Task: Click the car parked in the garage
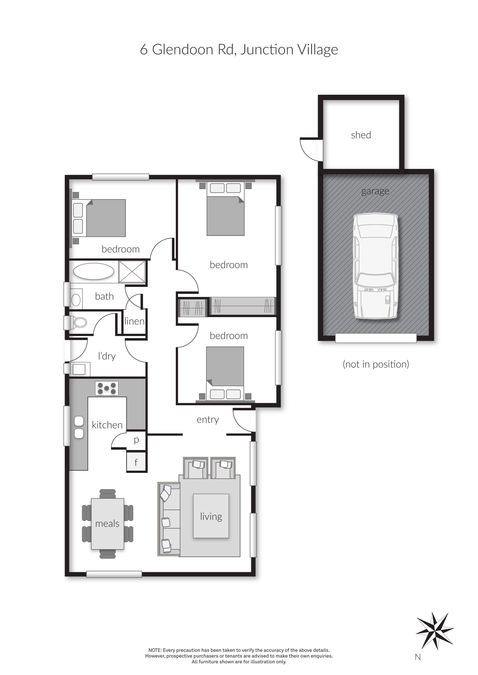[x=376, y=266]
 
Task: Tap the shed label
[x=361, y=135]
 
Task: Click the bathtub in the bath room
[x=94, y=271]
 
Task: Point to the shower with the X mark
[x=132, y=272]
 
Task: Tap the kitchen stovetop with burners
[x=107, y=388]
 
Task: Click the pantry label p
[x=136, y=440]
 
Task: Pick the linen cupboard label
[x=134, y=321]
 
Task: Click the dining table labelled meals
[x=108, y=524]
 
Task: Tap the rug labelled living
[x=211, y=516]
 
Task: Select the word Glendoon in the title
[x=182, y=49]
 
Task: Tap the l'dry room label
[x=107, y=356]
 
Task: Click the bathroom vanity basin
[x=76, y=300]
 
